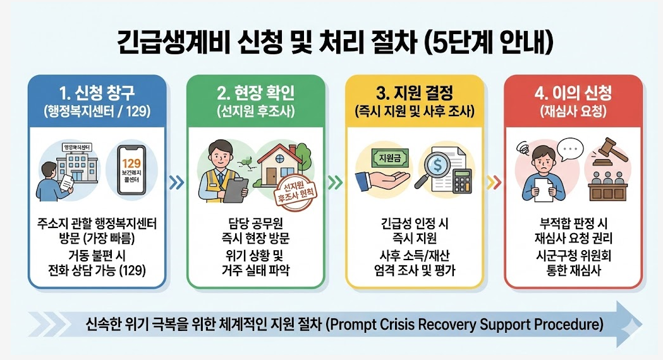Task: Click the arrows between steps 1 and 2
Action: (x=178, y=184)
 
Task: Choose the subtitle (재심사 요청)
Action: (x=573, y=112)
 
